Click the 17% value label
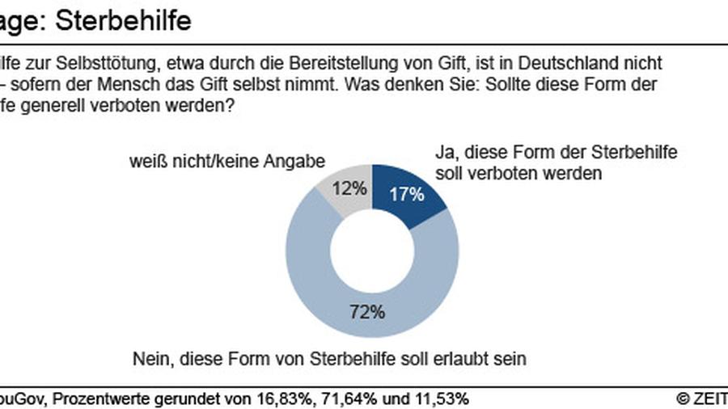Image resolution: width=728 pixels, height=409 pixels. coord(408,193)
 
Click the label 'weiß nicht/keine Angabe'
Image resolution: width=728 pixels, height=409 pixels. coord(226,161)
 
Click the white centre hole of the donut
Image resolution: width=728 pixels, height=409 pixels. coord(372,251)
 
